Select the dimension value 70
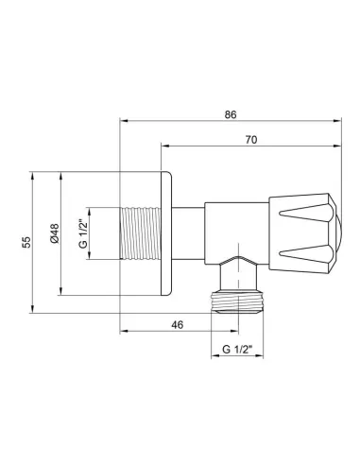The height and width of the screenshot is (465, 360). tap(250, 138)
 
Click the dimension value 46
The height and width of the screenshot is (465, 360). tap(176, 325)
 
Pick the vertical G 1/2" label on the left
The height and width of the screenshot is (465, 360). tap(82, 233)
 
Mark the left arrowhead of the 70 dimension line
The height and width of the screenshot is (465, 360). tap(165, 146)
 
